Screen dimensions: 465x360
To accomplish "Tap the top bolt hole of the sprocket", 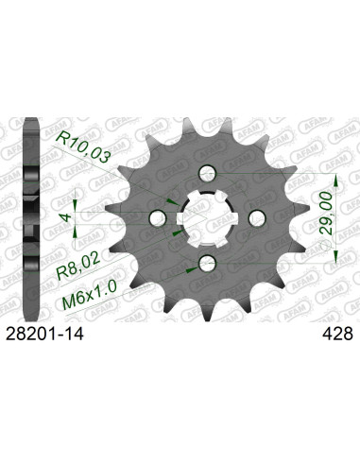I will [x=207, y=172].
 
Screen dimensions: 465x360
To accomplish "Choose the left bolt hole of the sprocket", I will [x=161, y=215].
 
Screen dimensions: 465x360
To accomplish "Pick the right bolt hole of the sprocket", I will [x=253, y=215].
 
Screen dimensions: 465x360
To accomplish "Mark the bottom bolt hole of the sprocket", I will [x=207, y=260].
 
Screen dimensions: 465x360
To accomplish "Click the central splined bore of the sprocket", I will [x=207, y=215].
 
